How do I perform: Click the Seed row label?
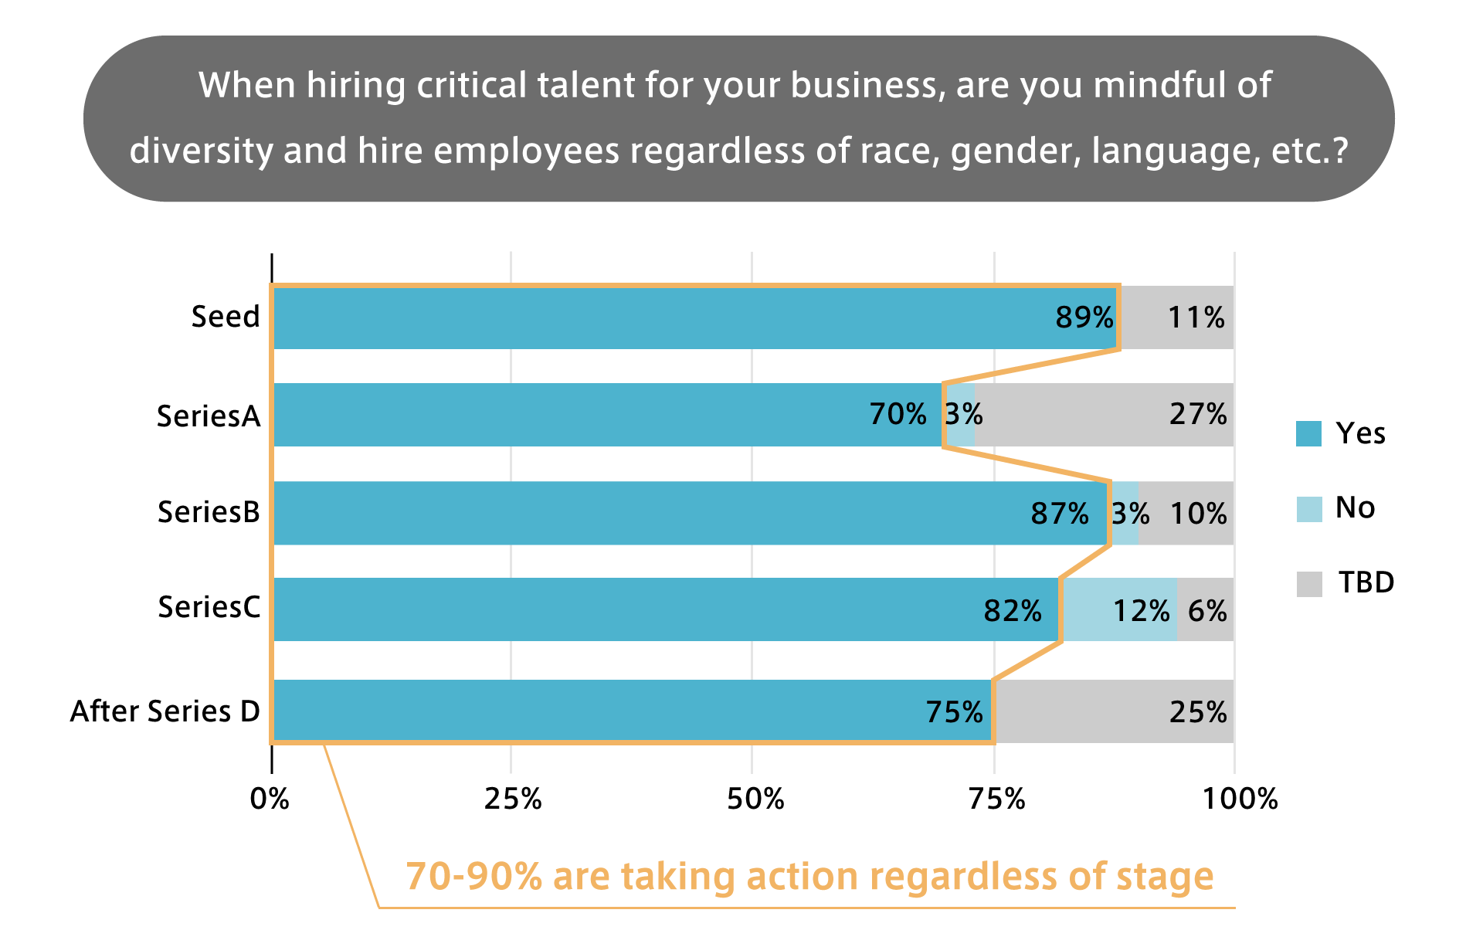226,317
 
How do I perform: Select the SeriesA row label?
209,416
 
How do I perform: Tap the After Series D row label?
165,711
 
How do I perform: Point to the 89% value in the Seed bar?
1084,317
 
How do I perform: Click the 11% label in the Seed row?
1196,317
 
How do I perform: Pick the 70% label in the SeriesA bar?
898,415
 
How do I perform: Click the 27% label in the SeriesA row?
1197,415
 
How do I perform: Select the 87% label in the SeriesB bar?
1060,514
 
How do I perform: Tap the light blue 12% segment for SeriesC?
1120,610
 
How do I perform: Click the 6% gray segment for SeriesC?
1206,610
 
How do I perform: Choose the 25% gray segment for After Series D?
1112,711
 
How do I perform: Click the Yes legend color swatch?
1308,433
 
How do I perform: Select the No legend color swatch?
1308,508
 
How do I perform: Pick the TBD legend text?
1366,582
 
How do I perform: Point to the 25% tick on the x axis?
512,799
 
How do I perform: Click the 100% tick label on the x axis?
1240,799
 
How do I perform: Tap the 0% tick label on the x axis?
270,799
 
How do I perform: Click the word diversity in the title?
201,151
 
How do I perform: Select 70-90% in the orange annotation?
473,877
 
